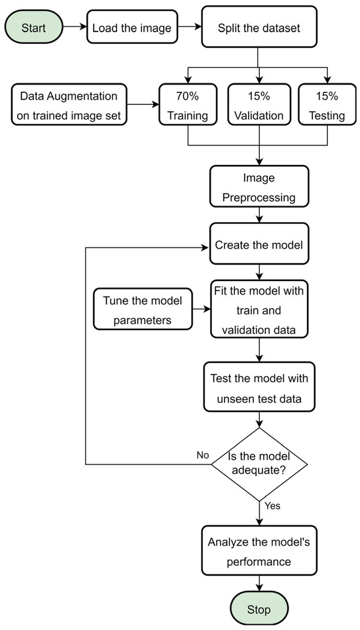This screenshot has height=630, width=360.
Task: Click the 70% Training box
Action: tap(188, 104)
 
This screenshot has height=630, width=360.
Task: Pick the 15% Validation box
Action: tap(259, 104)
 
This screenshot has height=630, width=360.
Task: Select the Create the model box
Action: tap(259, 245)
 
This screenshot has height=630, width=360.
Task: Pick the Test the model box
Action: tap(259, 387)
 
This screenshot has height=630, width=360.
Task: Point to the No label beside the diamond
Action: tap(202, 454)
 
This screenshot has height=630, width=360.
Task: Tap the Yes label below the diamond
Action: tap(274, 506)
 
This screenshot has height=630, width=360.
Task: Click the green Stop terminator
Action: tap(259, 608)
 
